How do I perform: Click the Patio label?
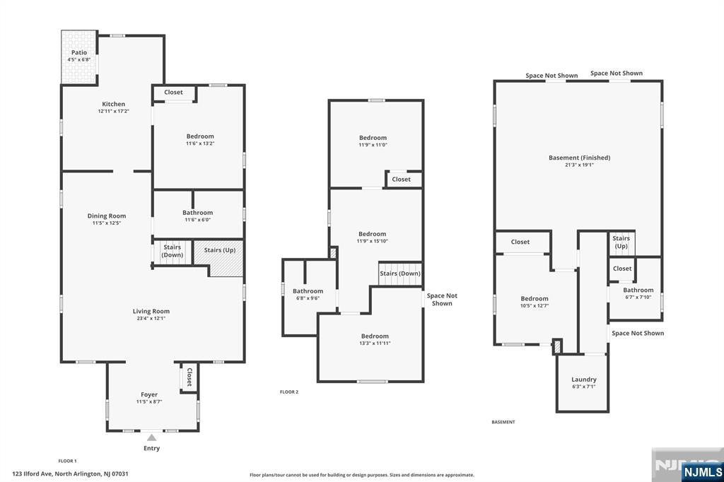pyautogui.click(x=79, y=52)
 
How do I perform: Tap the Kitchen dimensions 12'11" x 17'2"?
pyautogui.click(x=114, y=111)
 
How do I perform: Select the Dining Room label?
pyautogui.click(x=107, y=216)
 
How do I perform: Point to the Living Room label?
pyautogui.click(x=151, y=311)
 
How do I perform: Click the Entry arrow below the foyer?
pyautogui.click(x=151, y=437)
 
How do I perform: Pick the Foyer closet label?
pyautogui.click(x=189, y=377)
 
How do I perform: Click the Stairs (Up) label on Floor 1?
pyautogui.click(x=220, y=250)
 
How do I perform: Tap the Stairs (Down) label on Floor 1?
pyautogui.click(x=173, y=251)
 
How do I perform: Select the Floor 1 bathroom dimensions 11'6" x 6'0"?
pyautogui.click(x=198, y=220)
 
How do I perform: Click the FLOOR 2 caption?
pyautogui.click(x=289, y=392)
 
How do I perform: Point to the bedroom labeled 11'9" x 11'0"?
pyautogui.click(x=373, y=141)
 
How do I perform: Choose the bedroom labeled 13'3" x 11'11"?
pyautogui.click(x=375, y=339)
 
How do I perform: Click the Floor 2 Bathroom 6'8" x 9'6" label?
pyautogui.click(x=308, y=294)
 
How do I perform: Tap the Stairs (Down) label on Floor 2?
pyautogui.click(x=400, y=274)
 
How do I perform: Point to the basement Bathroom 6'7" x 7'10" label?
pyautogui.click(x=638, y=293)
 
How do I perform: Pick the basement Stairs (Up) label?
pyautogui.click(x=621, y=242)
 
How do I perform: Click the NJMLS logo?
pyautogui.click(x=702, y=472)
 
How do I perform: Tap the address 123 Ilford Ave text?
pyautogui.click(x=33, y=474)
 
